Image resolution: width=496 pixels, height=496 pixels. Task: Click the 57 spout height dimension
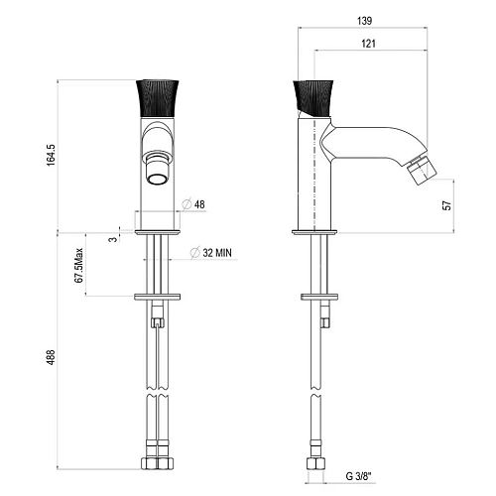pyautogui.click(x=446, y=204)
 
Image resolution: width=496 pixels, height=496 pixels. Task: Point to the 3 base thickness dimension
pyautogui.click(x=113, y=237)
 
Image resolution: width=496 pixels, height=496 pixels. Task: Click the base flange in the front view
pyautogui.click(x=157, y=231)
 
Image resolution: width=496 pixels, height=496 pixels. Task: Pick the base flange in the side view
pyautogui.click(x=312, y=231)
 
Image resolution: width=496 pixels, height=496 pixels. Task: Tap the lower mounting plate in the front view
pyautogui.click(x=157, y=295)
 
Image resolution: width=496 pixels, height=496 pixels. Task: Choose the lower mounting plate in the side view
pyautogui.click(x=319, y=295)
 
